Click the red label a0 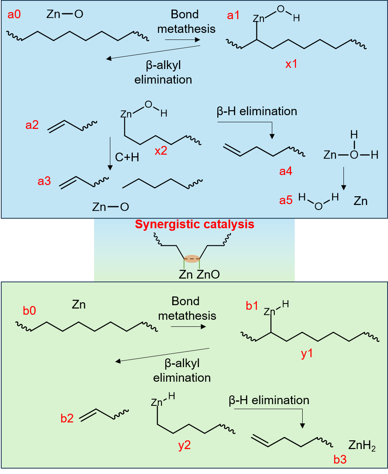point(15,15)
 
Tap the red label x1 point(291,64)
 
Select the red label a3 point(45,181)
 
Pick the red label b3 point(340,459)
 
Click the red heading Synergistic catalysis point(194,225)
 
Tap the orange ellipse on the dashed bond point(192,259)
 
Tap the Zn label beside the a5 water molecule point(361,201)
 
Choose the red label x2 point(161,151)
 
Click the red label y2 point(184,446)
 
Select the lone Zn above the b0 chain point(79,305)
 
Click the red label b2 point(67,418)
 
